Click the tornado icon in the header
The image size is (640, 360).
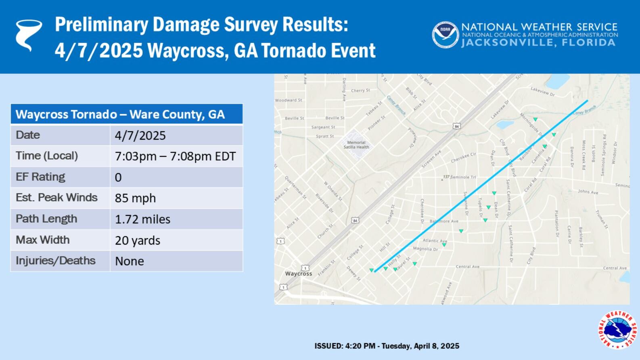28,35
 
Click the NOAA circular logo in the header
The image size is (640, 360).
445,35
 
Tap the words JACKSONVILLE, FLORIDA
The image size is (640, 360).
539,43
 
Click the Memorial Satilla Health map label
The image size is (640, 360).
356,144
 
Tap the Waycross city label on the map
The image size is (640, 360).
298,274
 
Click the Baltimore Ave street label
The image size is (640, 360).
444,221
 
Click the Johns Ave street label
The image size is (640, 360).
588,192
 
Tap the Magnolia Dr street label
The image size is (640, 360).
425,249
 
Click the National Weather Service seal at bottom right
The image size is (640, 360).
617,329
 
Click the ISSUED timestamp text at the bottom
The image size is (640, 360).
387,346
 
